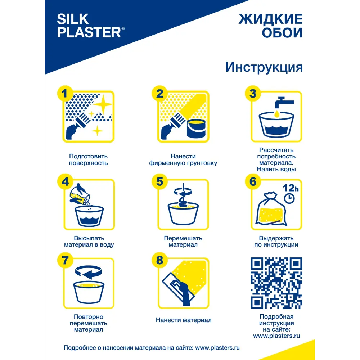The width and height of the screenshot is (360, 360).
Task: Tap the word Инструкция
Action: coord(264,67)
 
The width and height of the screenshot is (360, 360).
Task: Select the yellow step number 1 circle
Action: coord(65,94)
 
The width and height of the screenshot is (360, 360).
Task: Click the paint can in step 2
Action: coord(197,129)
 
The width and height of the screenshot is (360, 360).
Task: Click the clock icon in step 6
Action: coord(289,198)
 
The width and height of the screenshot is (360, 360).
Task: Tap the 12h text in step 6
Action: coord(290,188)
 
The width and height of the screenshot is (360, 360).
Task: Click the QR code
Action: coord(276,283)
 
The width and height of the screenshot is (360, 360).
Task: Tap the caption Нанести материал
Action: coord(184,320)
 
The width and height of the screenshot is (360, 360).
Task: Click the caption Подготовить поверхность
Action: coord(88,159)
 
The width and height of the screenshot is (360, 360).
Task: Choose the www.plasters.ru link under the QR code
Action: coord(276,336)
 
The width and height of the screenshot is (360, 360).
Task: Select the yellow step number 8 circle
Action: coord(159,260)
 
